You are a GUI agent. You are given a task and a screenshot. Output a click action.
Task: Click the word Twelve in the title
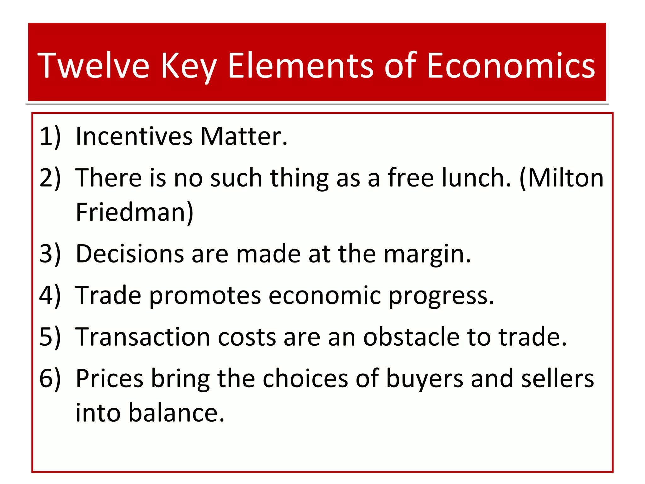pos(94,66)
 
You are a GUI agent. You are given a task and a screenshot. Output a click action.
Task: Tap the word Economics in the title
pos(511,66)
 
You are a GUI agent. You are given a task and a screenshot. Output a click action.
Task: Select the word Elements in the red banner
pos(300,66)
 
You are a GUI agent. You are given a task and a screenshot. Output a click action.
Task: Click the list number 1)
pos(50,136)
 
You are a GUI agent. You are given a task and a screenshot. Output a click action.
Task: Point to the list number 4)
pos(50,296)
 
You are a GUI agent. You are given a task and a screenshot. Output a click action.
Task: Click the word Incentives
pos(134,136)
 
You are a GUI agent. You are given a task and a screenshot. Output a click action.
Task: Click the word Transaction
pos(143,337)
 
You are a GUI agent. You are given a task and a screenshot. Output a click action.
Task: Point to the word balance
pos(176,413)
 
